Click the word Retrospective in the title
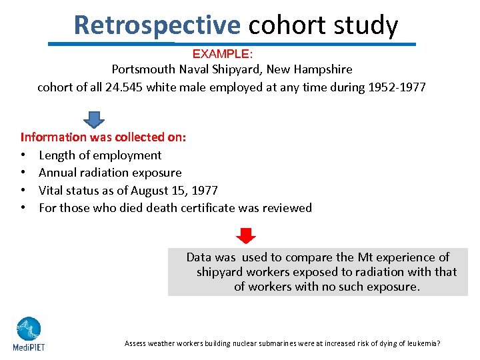tap(157, 25)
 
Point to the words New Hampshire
tap(311, 69)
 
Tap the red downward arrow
tap(246, 236)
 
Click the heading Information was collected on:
tap(103, 137)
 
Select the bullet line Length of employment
tap(100, 155)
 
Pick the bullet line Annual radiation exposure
tap(110, 173)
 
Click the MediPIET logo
tap(29, 333)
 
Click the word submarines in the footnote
tap(275, 343)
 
